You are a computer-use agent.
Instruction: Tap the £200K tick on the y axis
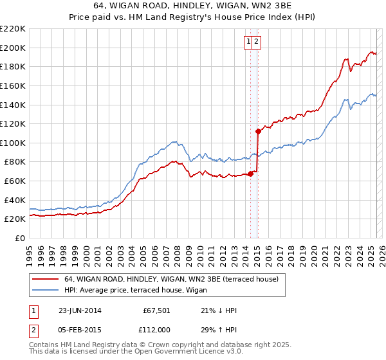click(13, 48)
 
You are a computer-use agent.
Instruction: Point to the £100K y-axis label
click(13, 143)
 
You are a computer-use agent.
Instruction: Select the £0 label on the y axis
click(21, 238)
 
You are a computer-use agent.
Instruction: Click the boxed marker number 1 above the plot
click(248, 42)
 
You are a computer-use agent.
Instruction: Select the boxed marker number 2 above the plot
click(257, 42)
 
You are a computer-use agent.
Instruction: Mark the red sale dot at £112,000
click(258, 132)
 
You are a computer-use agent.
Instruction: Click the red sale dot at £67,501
click(251, 174)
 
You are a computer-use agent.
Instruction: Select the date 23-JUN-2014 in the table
click(80, 310)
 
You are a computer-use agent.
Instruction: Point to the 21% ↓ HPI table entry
click(219, 310)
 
